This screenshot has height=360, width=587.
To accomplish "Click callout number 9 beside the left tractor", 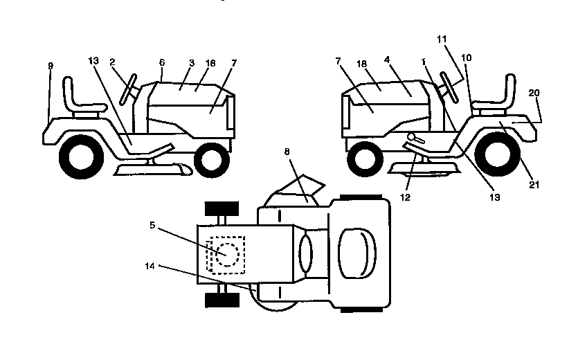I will pyautogui.click(x=51, y=66).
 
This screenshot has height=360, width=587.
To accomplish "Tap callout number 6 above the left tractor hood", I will pyautogui.click(x=162, y=62).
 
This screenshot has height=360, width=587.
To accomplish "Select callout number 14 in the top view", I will pyautogui.click(x=150, y=265).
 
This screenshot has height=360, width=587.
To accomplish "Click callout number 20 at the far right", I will pyautogui.click(x=534, y=92).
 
